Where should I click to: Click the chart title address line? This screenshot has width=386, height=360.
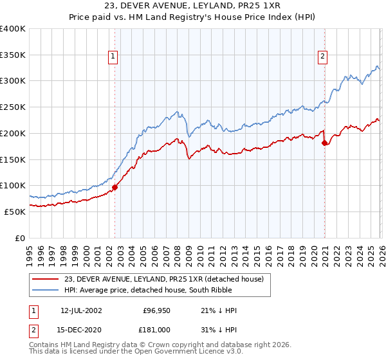click(x=192, y=6)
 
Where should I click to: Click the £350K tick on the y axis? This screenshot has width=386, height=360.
click(x=13, y=55)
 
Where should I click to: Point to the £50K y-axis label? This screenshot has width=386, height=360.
click(x=15, y=212)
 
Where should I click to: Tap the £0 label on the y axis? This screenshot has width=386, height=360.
click(x=19, y=238)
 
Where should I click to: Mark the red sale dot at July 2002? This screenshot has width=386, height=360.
click(x=115, y=188)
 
